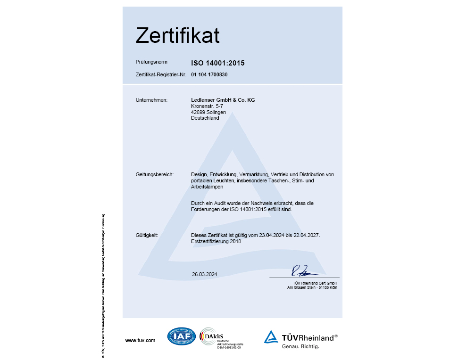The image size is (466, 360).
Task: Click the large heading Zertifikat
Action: [178, 36]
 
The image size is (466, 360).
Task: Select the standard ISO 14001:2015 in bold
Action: [218, 62]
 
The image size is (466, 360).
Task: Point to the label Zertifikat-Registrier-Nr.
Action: [161, 74]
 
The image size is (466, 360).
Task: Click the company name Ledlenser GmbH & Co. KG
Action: [223, 100]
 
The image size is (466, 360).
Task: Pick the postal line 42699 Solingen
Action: [208, 112]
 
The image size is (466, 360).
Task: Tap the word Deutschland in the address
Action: [205, 118]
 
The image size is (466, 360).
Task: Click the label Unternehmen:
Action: [151, 100]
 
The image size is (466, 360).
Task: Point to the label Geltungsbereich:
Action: [154, 174]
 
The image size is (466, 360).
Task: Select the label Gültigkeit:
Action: [147, 235]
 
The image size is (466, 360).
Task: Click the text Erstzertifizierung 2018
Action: [216, 241]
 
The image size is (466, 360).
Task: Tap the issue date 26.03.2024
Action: [204, 274]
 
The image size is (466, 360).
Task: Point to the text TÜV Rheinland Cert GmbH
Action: [312, 282]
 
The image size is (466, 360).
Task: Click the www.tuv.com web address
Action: [140, 340]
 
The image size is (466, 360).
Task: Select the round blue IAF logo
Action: [181, 336]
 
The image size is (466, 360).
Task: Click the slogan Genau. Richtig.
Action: [300, 346]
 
